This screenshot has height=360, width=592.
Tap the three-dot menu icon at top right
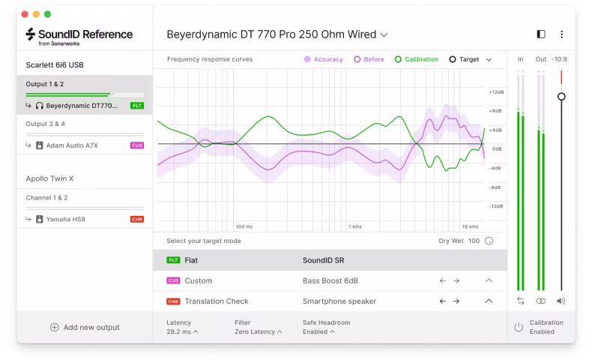point(561,34)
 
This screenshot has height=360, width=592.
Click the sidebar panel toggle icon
point(541,34)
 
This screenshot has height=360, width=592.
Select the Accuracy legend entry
point(323,59)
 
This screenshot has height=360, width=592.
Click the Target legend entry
point(464,59)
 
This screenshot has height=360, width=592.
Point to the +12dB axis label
point(495,92)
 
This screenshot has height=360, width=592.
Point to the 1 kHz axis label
point(354,226)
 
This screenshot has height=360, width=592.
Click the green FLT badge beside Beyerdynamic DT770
point(136,106)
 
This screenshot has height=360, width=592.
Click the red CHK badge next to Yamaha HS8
point(136,219)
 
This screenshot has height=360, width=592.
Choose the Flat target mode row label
point(191,260)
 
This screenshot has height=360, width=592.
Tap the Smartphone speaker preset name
point(339,301)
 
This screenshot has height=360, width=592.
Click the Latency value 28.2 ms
point(181,331)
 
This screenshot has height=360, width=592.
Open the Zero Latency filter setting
point(257,331)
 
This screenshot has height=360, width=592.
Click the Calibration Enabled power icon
point(518,327)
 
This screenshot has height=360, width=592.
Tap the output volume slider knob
point(561,97)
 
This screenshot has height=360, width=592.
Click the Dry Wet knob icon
point(489,241)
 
